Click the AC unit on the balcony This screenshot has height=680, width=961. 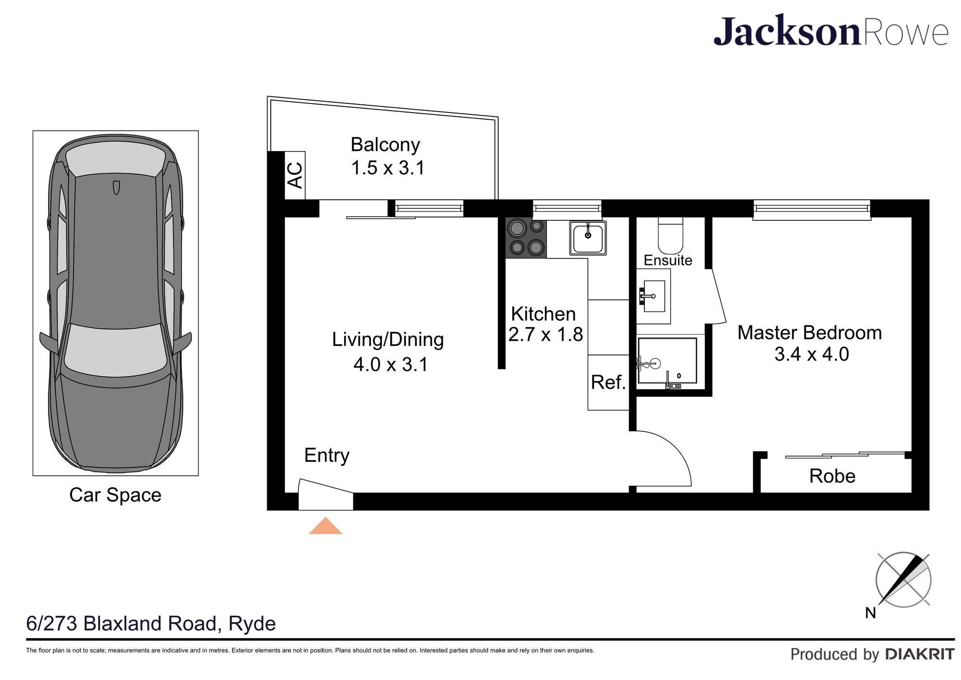coord(295,175)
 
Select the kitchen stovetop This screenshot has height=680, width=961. coord(526,238)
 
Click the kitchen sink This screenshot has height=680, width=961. coord(588,238)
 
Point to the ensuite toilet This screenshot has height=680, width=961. coord(670,235)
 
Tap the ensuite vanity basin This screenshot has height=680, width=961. coord(653,296)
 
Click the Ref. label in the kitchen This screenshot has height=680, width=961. coord(608,382)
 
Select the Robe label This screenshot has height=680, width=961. coord(832,476)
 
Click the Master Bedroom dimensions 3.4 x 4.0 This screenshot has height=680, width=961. coord(812,354)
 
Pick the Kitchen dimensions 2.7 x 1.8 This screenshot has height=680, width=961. coord(545,334)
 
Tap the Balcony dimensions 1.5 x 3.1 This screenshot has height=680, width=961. coord(388,168)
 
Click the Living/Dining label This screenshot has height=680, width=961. coord(388,340)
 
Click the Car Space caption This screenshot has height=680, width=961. coord(115,495)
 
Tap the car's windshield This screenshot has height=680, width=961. coord(115,350)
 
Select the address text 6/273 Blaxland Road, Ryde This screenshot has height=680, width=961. coord(151,624)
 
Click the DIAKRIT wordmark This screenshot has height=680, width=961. coord(920,655)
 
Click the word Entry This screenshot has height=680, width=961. coord(327,455)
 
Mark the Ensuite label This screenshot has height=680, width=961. coord(668,260)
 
